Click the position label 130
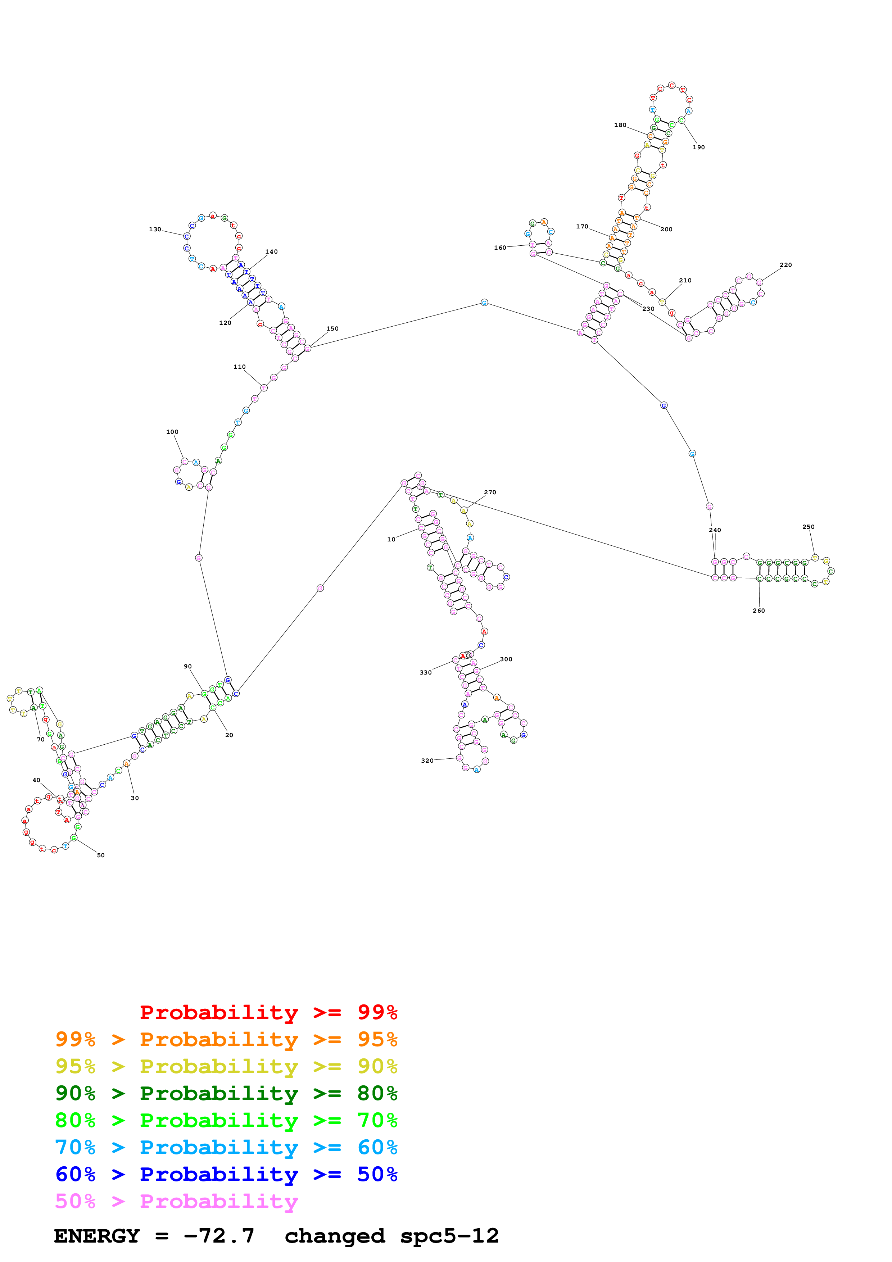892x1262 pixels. pos(155,229)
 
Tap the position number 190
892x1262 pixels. pos(698,147)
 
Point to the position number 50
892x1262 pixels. pos(101,855)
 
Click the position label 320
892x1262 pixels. pos(427,761)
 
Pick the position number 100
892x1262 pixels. pos(172,432)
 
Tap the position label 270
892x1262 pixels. pos(490,492)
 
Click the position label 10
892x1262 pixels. pos(391,539)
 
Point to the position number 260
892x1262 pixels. pos(759,610)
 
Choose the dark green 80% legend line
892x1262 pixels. pos(226,1093)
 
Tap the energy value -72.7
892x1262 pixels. pos(219,1236)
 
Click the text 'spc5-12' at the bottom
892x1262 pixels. pos(449,1236)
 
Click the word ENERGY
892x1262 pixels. pos(97,1236)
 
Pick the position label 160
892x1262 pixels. pos(499,248)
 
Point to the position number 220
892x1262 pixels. pos(785,265)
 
